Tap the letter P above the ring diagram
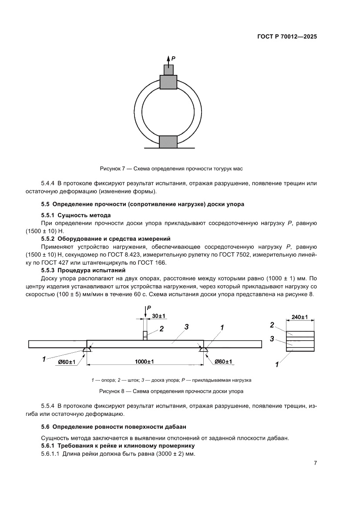coord(173,57)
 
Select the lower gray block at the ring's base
coord(168,142)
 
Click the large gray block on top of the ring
coord(168,81)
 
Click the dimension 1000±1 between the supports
coord(145,361)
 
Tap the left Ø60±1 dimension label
coord(67,361)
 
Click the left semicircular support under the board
coord(87,350)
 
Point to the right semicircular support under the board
coord(203,350)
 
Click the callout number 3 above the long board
coord(186,327)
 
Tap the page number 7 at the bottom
coord(315,463)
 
